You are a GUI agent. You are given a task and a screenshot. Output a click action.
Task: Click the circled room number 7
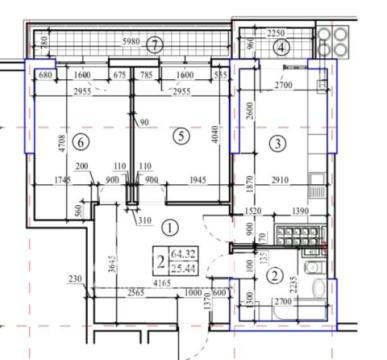pos(154,44)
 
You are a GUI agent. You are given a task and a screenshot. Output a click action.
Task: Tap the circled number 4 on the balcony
pos(281,47)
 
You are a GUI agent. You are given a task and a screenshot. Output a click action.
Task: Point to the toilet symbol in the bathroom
pos(317,291)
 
